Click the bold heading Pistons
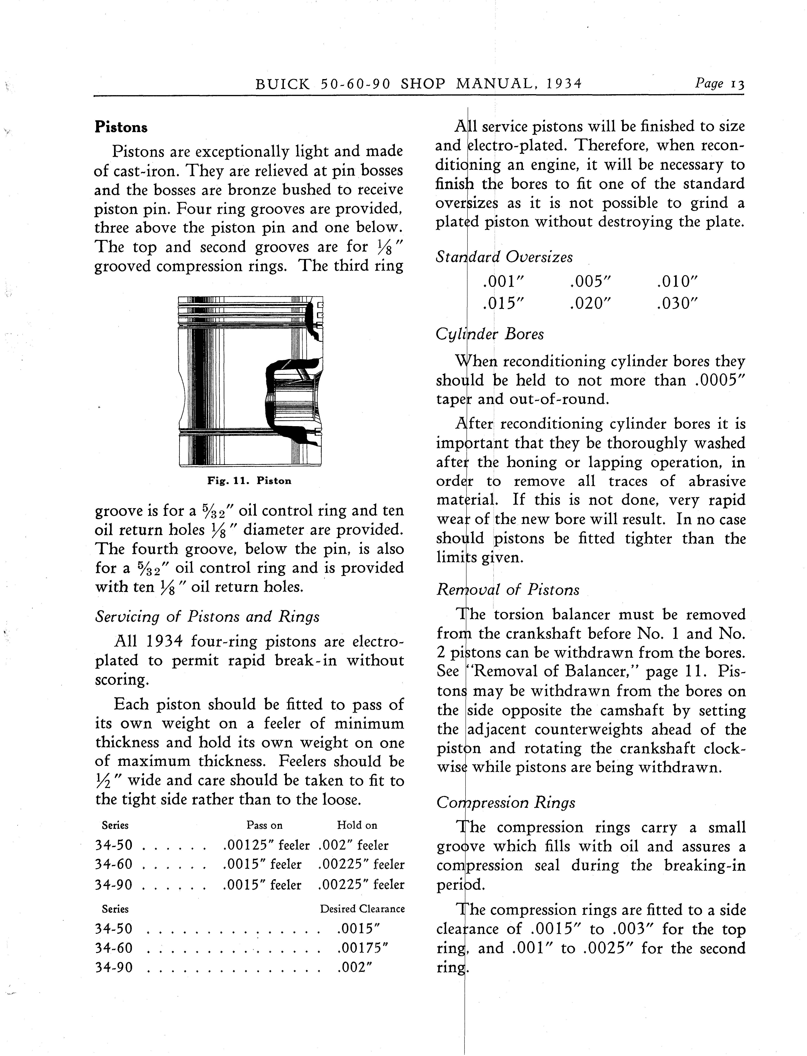point(121,127)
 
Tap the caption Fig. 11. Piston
point(249,481)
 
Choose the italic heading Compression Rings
point(506,802)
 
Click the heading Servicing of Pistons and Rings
point(207,617)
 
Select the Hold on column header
point(357,825)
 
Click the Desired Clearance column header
point(362,909)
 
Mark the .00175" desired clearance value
point(362,948)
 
